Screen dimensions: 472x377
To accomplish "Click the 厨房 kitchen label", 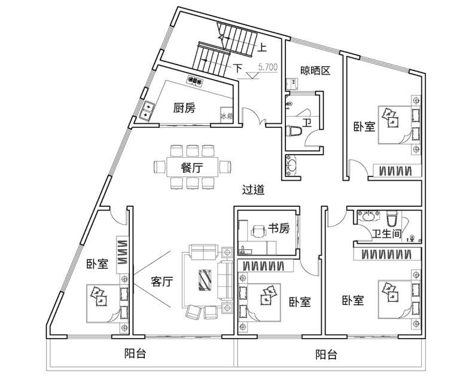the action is coord(184,108).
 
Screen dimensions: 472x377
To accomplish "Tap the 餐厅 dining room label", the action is coord(192,167).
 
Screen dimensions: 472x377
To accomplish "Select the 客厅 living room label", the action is coord(162,281).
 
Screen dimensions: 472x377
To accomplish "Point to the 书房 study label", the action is coord(279,228).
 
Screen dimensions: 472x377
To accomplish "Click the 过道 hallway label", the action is coord(254,190).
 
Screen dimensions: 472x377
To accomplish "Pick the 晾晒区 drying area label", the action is coord(315,71).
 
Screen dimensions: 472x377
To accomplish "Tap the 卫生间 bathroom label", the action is coord(387,234).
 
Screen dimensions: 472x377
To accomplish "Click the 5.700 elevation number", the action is coord(268,68).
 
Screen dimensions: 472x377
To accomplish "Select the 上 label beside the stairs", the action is coord(262,48).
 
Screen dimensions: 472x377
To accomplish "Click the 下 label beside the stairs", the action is coord(238,68).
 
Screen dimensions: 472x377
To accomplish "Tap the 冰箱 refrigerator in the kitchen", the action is coord(227,115).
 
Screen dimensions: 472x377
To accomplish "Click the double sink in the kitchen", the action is coord(148,111).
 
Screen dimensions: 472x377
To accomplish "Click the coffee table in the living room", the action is coord(205,280).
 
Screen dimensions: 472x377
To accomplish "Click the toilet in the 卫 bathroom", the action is coord(294,131).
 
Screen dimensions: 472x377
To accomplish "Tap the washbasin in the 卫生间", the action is coord(369,216).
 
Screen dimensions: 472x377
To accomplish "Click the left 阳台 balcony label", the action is coord(135,354).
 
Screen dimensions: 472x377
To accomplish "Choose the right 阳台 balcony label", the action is coord(326,355).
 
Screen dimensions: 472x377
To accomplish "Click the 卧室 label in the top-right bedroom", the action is coord(364,127).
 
